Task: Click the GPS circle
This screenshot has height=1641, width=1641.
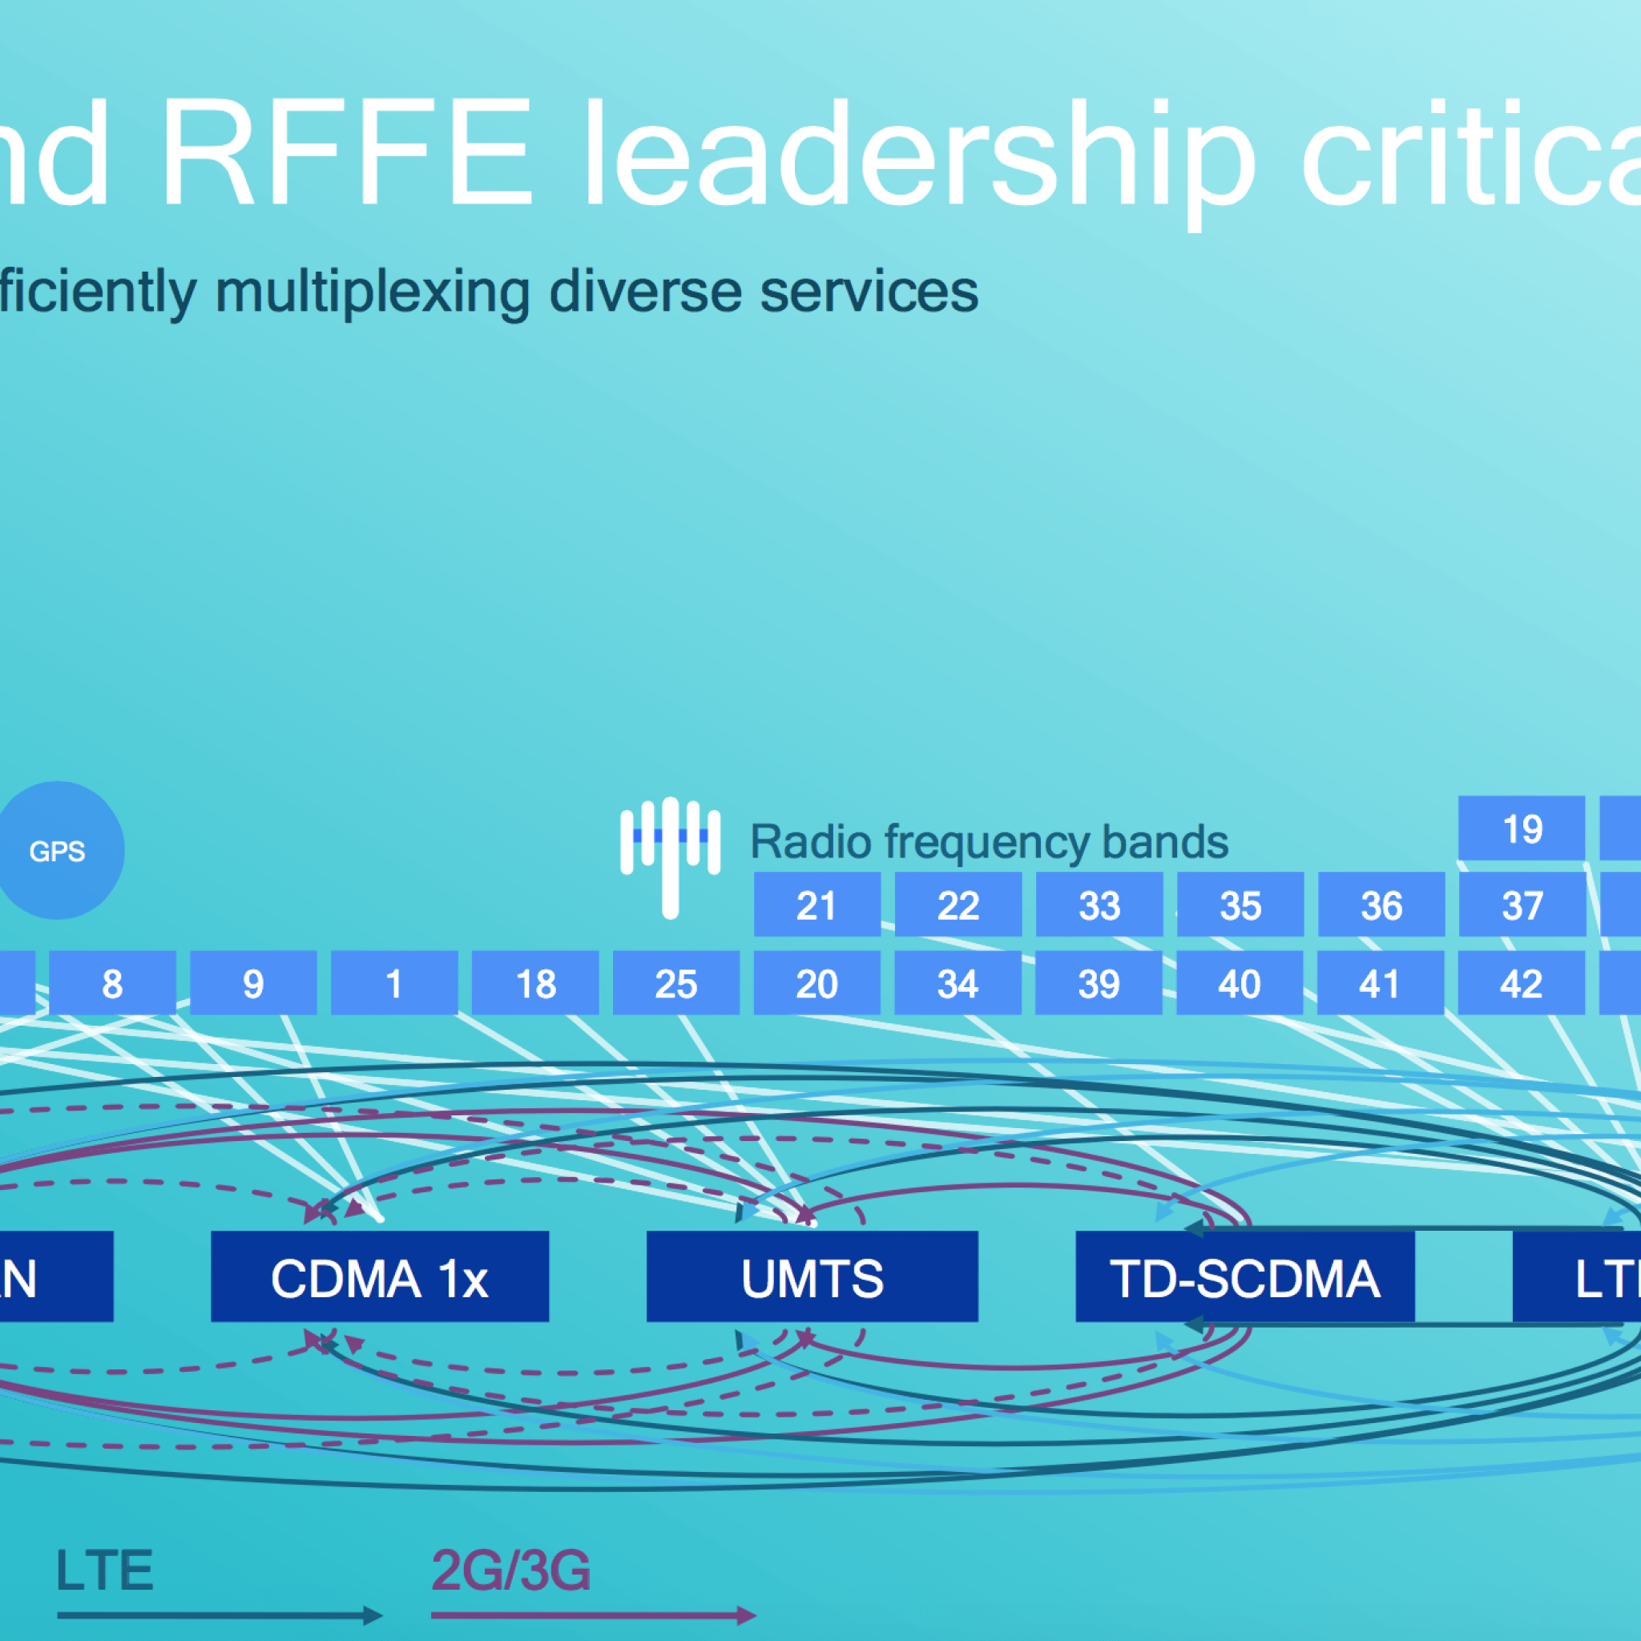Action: pos(58,850)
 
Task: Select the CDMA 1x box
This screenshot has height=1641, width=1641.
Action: pos(380,1276)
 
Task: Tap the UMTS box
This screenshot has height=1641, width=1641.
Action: pos(812,1276)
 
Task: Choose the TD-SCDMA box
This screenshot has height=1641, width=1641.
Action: pos(1244,1276)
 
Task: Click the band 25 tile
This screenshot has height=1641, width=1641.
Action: pos(676,982)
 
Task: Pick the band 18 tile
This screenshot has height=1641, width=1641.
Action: pos(535,982)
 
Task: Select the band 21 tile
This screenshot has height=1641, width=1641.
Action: pos(817,905)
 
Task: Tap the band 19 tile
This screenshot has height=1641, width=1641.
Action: pos(1522,829)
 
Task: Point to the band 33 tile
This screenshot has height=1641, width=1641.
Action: pos(1099,905)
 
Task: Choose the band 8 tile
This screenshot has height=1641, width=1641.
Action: pos(112,982)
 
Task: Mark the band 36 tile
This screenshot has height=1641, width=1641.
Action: pos(1381,905)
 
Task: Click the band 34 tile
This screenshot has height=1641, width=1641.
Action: pos(958,982)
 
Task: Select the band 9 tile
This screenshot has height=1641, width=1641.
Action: pos(253,982)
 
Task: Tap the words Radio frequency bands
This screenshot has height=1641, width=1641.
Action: pos(990,842)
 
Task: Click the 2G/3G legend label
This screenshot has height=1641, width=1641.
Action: pos(511,1570)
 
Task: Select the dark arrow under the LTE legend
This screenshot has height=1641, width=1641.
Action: pos(219,1615)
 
